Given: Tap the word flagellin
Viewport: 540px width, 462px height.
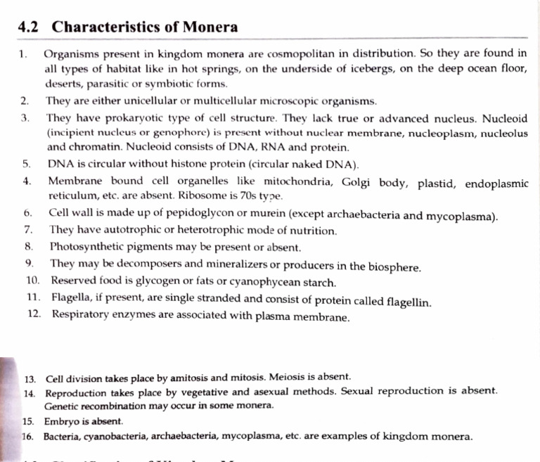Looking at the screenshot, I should click(409, 301).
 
